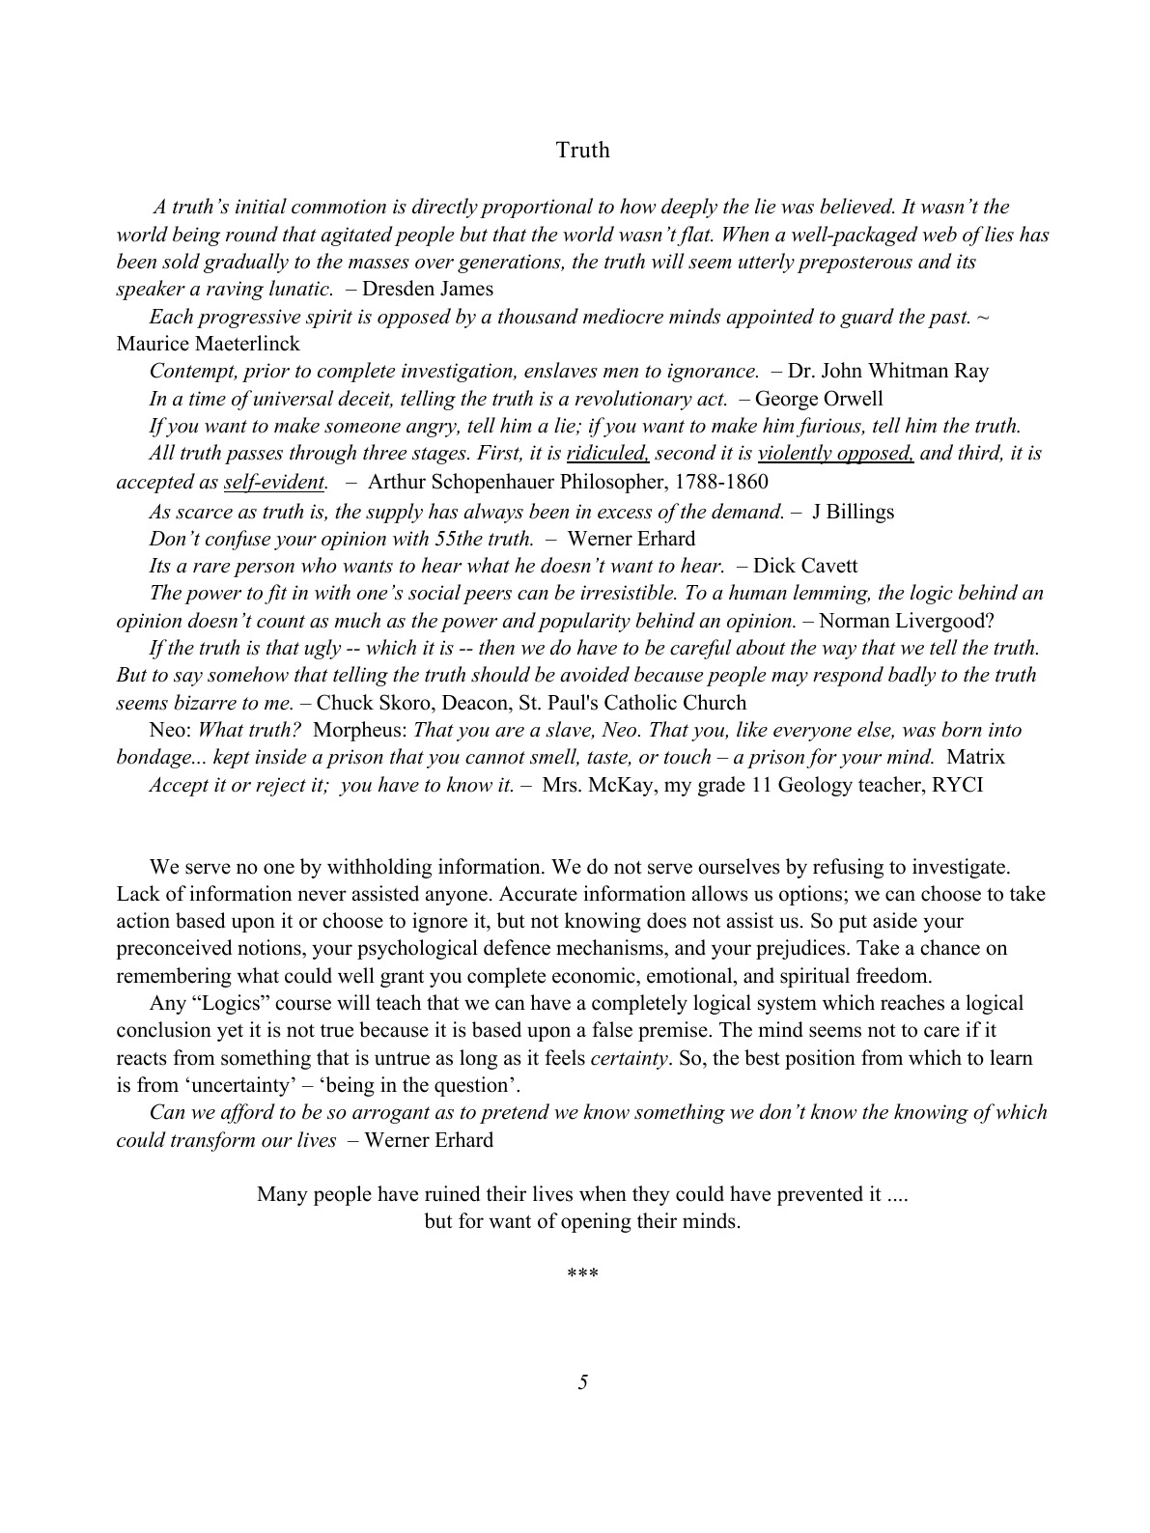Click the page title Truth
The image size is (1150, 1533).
pyautogui.click(x=582, y=150)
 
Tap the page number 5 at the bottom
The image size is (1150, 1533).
pyautogui.click(x=582, y=1382)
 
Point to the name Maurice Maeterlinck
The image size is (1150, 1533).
pyautogui.click(x=208, y=344)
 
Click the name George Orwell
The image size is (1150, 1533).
pyautogui.click(x=819, y=399)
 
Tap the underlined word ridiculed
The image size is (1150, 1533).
pyautogui.click(x=607, y=453)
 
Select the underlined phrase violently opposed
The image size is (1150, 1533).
pyautogui.click(x=836, y=453)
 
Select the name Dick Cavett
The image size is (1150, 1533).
pyautogui.click(x=805, y=566)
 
